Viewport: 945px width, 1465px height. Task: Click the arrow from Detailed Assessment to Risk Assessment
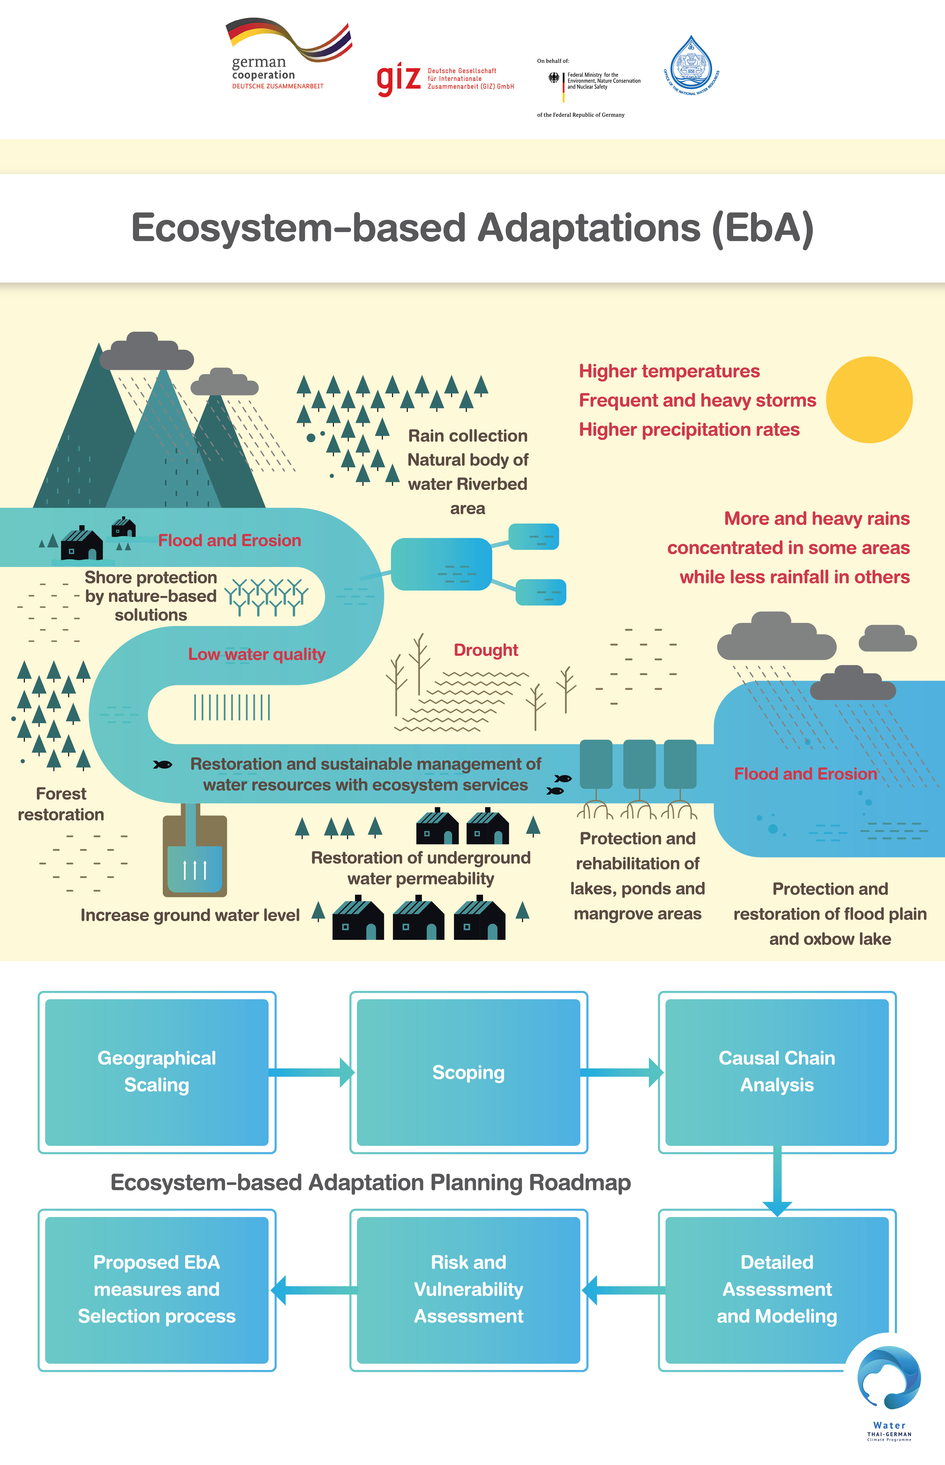[x=623, y=1290]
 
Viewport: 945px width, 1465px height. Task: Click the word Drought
[x=485, y=650]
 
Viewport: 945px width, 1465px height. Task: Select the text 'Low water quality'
[x=257, y=654]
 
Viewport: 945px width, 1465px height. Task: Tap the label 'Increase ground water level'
[x=190, y=915]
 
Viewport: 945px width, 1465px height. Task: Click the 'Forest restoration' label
[x=61, y=804]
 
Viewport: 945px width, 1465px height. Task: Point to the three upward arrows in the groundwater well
[x=195, y=870]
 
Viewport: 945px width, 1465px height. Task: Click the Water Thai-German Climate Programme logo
[x=889, y=1393]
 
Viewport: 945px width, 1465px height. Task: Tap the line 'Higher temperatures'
[x=669, y=371]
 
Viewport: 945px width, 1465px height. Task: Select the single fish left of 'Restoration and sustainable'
[x=163, y=764]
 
